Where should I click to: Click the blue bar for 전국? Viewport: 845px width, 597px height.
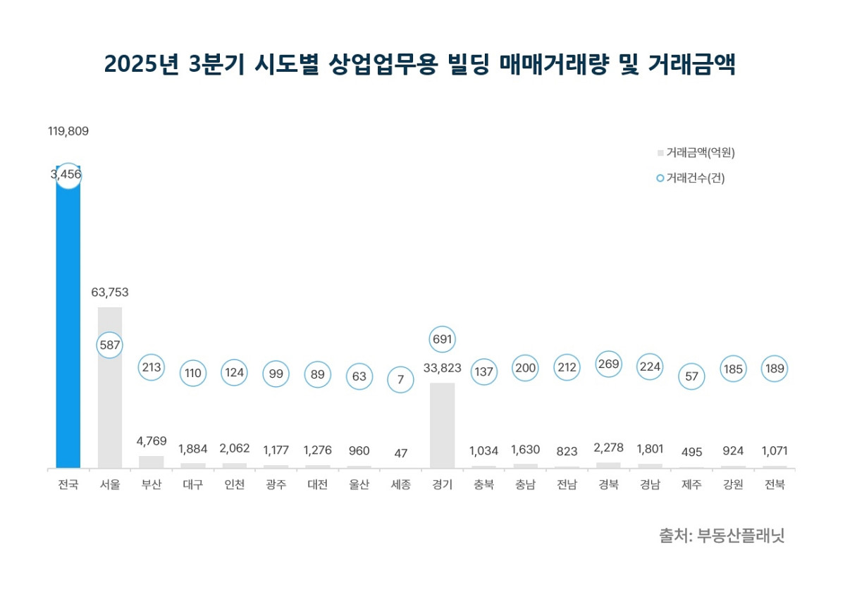pyautogui.click(x=68, y=324)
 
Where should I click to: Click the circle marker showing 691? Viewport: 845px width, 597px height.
pyautogui.click(x=442, y=339)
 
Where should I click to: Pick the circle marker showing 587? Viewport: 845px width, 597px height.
pyautogui.click(x=109, y=345)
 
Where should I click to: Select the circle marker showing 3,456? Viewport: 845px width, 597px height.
pyautogui.click(x=68, y=175)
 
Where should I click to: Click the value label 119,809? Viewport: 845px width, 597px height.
pyautogui.click(x=68, y=131)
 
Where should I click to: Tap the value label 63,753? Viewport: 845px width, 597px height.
pyautogui.click(x=109, y=292)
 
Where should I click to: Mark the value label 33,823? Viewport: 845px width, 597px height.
pyautogui.click(x=442, y=368)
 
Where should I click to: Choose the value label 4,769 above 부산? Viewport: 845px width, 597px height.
pyautogui.click(x=151, y=441)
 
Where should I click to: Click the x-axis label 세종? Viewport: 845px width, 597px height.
pyautogui.click(x=400, y=485)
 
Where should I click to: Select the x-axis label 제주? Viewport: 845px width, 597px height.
pyautogui.click(x=691, y=485)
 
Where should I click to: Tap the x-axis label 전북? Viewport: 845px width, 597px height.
pyautogui.click(x=775, y=485)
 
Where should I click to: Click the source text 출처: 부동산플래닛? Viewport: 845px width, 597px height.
pyautogui.click(x=721, y=536)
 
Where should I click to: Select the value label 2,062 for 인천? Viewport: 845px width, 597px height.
pyautogui.click(x=234, y=448)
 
